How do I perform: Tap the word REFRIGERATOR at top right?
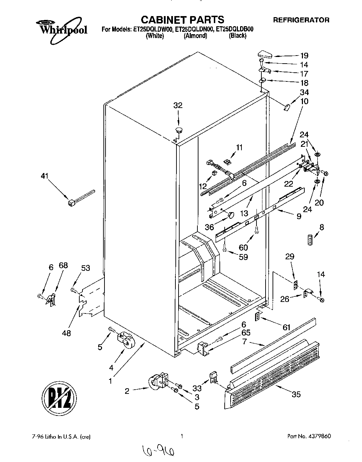[x=301, y=20]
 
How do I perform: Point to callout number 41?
[x=44, y=176]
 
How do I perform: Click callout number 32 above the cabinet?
[x=178, y=106]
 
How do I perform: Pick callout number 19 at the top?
[x=304, y=55]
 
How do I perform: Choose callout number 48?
[x=66, y=333]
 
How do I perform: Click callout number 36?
[x=209, y=227]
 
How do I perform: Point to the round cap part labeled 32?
[x=179, y=131]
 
